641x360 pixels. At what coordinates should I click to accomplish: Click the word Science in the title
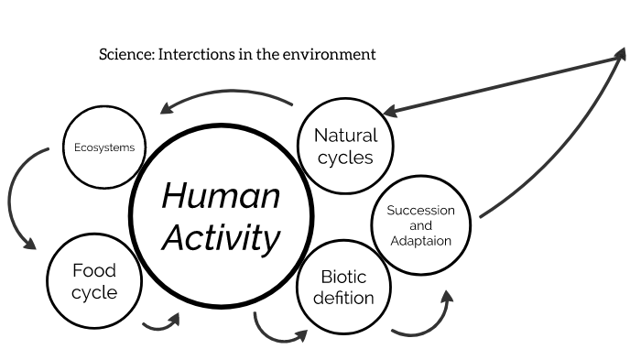point(125,55)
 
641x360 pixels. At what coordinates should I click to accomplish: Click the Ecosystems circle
point(103,147)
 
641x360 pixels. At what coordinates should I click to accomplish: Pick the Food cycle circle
point(94,281)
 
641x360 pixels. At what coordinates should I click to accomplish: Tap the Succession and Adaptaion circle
point(420,225)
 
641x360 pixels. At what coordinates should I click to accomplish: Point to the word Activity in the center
point(221,239)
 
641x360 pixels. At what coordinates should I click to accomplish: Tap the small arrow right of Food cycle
point(162,322)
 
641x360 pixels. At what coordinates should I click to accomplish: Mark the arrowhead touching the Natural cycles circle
point(391,112)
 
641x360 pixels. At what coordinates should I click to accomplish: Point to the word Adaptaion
point(420,241)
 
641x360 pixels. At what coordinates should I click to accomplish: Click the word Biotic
point(344,277)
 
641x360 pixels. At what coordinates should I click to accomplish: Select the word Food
point(94,271)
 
